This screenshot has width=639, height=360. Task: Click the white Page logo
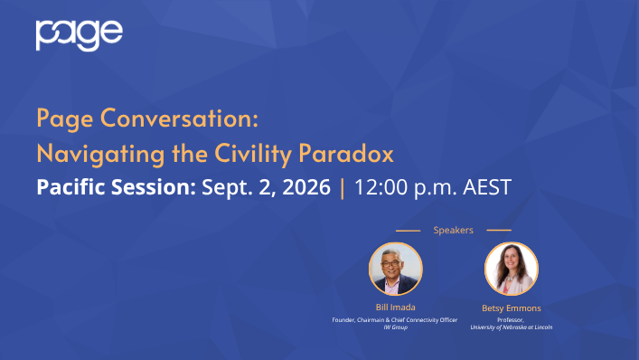[x=79, y=35]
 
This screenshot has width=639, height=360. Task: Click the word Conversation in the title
[x=179, y=118]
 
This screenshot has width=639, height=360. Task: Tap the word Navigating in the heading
[x=100, y=154]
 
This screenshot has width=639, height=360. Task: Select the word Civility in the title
[x=253, y=154]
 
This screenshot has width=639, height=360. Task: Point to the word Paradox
[x=346, y=153]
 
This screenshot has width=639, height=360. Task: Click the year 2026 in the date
[x=306, y=186]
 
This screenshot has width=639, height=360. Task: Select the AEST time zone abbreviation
[x=487, y=186]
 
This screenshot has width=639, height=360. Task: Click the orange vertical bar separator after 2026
[x=343, y=187]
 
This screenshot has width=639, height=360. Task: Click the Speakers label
[x=453, y=231]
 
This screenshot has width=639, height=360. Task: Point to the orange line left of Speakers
[x=408, y=231]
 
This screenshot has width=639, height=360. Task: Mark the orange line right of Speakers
[x=499, y=231]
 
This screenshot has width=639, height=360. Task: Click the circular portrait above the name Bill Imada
[x=396, y=269]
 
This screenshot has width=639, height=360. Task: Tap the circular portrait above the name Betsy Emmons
[x=512, y=269]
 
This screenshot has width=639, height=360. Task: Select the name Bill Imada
[x=395, y=308]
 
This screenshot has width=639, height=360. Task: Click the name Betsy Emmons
[x=512, y=308]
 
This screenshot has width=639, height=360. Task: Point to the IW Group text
[x=395, y=327]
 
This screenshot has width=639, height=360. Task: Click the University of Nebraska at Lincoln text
[x=512, y=327]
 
